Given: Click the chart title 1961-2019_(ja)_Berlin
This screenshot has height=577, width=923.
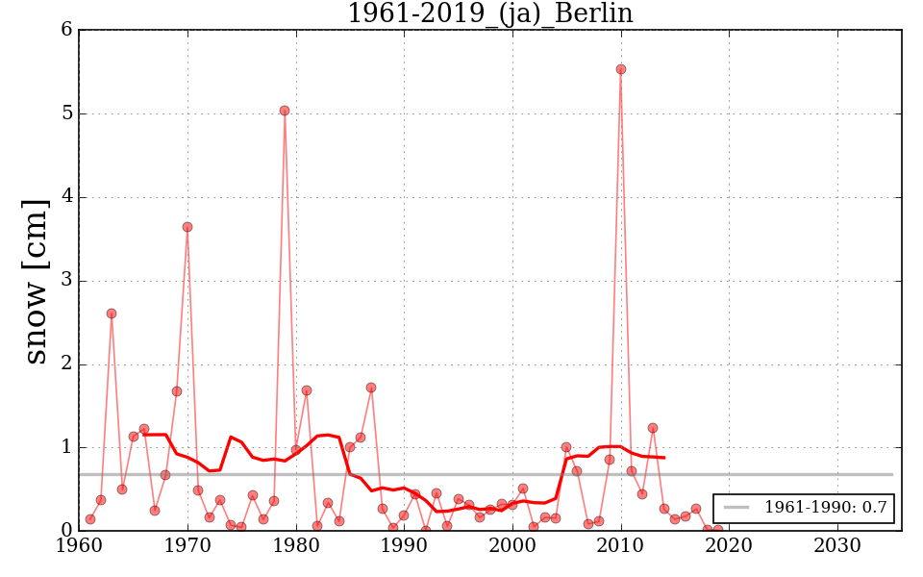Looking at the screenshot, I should coord(489,13).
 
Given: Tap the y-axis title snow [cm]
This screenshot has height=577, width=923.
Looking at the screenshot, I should coord(35,281).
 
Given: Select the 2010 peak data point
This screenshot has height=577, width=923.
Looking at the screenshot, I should coord(621,69).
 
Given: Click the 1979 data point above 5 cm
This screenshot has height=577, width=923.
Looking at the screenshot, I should coord(285,111).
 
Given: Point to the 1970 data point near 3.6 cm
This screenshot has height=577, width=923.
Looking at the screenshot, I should coord(187,227).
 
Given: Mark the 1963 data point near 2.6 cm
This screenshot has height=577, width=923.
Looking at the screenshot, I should coord(112,314).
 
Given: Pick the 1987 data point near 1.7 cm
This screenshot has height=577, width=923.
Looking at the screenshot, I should coord(371,388).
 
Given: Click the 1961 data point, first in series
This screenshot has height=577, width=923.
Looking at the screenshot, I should coord(90,519).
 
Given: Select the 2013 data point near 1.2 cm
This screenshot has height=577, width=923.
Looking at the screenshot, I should coord(653,428).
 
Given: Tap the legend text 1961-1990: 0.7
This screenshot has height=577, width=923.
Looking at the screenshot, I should coord(825,508).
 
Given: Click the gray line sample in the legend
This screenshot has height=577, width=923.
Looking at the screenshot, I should coord(736,508).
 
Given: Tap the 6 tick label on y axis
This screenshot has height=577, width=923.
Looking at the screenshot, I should coord(66,30).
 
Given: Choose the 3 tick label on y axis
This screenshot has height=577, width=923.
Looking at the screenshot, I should coord(66,281).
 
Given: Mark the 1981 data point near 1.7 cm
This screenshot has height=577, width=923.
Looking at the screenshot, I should coord(307,390).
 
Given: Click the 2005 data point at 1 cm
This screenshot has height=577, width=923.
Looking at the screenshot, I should coord(566,447).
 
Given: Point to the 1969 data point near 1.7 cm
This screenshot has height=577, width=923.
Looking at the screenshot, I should coord(177,391).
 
